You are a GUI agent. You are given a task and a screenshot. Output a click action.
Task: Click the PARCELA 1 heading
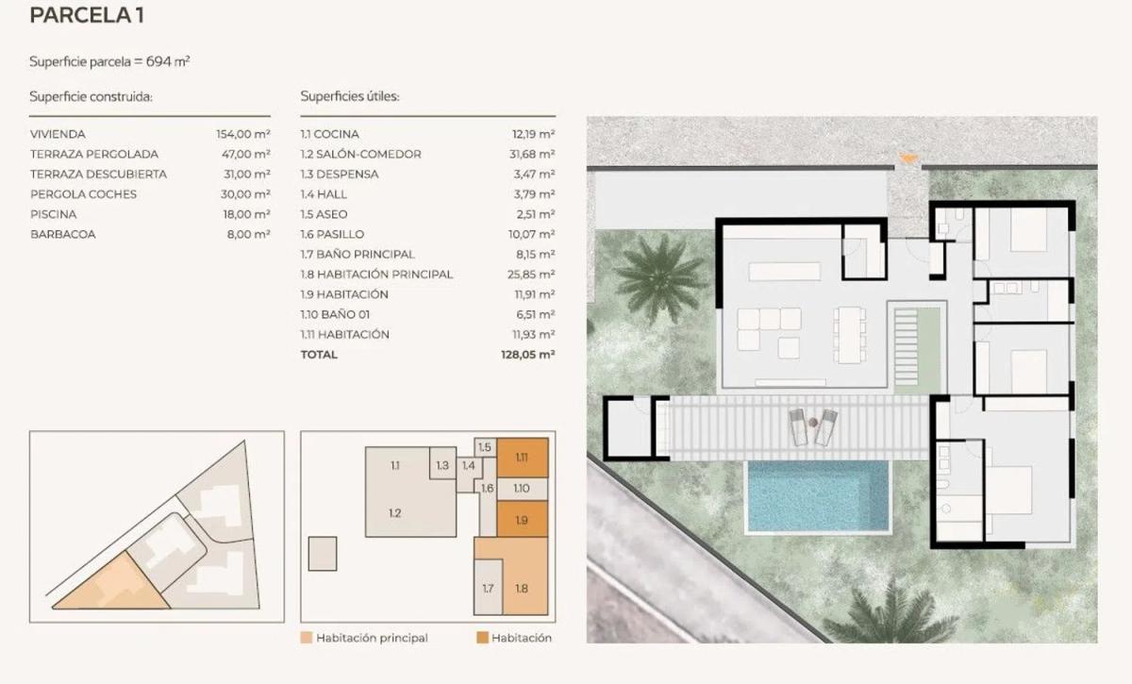click(87, 15)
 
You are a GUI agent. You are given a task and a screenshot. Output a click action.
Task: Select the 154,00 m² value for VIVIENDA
click(243, 134)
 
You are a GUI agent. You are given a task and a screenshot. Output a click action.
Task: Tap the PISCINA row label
click(54, 214)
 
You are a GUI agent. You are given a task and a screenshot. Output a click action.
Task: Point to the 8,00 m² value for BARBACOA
click(249, 234)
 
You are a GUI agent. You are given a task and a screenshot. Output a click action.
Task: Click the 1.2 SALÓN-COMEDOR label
click(360, 154)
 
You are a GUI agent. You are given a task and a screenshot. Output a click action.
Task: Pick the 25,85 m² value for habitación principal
click(531, 274)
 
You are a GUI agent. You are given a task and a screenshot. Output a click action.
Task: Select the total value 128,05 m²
click(528, 355)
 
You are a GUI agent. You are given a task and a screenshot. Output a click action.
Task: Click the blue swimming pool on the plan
click(818, 496)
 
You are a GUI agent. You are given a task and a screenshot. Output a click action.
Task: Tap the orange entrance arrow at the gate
click(907, 158)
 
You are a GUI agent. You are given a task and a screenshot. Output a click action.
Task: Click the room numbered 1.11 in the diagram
click(522, 458)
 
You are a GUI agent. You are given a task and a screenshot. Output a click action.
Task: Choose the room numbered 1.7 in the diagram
click(488, 588)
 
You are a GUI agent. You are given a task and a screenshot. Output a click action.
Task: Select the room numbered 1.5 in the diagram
click(485, 447)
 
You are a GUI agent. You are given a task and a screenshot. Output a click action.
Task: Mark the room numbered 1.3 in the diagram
click(442, 463)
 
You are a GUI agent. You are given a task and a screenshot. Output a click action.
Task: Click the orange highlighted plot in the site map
click(112, 588)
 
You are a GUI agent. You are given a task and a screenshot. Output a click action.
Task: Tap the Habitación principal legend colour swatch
click(307, 638)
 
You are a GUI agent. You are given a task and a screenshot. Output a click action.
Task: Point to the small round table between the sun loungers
click(813, 422)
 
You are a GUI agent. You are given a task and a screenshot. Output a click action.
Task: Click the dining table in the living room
click(850, 335)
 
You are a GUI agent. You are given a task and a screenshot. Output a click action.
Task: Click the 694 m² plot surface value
click(168, 61)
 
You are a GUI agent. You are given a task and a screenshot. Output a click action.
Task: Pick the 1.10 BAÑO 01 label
click(335, 314)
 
